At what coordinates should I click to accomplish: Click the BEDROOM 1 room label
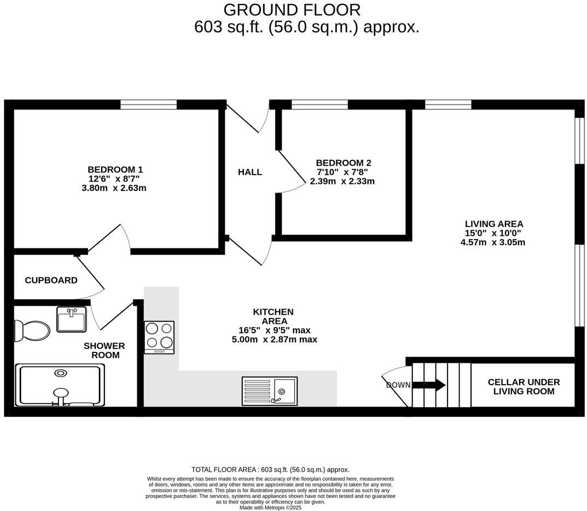pos(115,170)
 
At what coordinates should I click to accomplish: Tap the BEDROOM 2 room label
pos(343,163)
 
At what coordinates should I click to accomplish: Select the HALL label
pos(249,172)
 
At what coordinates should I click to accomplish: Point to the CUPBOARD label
pos(51,280)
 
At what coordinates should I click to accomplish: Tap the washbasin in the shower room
pos(71,319)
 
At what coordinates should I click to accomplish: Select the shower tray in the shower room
pos(60,386)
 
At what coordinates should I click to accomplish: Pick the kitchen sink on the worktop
pos(270,391)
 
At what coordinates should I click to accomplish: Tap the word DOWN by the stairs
pos(398,385)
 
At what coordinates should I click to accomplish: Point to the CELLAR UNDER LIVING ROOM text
pos(524,387)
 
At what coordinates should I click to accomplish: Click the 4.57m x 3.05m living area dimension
pos(493,242)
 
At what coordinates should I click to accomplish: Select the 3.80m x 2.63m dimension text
pos(114,188)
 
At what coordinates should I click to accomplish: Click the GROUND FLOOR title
pos(292,10)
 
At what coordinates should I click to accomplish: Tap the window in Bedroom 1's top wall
pos(149,104)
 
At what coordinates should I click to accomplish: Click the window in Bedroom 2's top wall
pos(319,104)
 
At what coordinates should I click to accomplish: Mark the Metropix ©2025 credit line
pos(270,507)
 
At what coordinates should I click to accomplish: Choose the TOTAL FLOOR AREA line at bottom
pos(270,469)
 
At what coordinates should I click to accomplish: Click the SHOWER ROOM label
pos(104,350)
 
